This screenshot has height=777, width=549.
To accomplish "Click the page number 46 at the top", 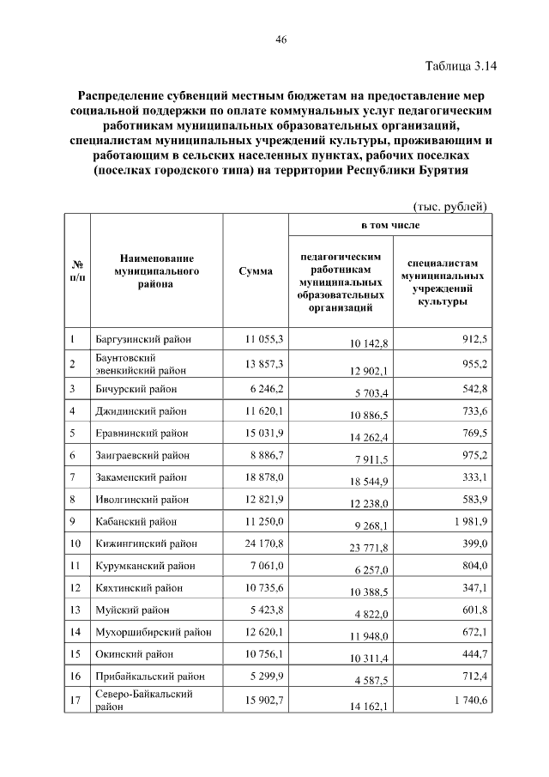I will pyautogui.click(x=281, y=39).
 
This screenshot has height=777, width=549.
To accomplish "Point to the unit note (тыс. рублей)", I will pyautogui.click(x=450, y=206).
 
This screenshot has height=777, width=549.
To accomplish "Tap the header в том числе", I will pyautogui.click(x=389, y=224).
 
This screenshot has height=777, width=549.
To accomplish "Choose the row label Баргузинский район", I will pyautogui.click(x=143, y=339).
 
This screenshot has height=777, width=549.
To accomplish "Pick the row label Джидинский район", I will pyautogui.click(x=142, y=411).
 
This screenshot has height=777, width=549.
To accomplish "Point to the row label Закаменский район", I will pyautogui.click(x=142, y=477).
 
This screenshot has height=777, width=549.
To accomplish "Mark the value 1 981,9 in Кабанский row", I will pyautogui.click(x=467, y=521).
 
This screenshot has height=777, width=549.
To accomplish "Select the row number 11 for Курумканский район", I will pyautogui.click(x=75, y=566).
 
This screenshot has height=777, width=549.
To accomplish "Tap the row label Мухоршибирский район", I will pyautogui.click(x=154, y=633).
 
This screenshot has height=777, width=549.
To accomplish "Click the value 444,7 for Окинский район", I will pyautogui.click(x=473, y=654).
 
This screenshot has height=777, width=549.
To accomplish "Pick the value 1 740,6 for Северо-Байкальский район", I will pyautogui.click(x=467, y=701).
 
